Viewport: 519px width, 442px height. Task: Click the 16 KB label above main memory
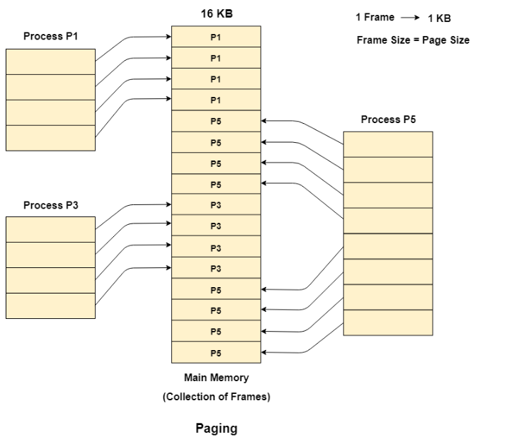216,14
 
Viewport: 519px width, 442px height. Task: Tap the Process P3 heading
51,205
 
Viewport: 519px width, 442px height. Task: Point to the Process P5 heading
388,120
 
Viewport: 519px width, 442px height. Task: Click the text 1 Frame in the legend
375,17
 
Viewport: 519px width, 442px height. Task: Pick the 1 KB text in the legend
439,18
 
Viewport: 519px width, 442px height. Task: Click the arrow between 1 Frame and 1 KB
410,18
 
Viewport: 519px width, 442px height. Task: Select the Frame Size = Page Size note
413,40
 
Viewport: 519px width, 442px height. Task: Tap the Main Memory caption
216,378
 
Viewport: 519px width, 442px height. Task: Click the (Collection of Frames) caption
216,397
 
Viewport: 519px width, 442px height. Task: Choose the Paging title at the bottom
216,429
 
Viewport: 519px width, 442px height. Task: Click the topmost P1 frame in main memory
216,37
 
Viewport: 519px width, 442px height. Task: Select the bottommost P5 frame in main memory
216,352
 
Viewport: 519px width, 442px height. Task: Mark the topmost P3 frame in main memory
216,205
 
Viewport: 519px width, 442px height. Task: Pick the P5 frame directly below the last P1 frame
216,121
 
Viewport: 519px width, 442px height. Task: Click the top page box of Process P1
50,62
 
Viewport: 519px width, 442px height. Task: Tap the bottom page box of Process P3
50,306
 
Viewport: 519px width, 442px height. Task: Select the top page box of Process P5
388,144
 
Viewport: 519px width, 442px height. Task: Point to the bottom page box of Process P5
388,322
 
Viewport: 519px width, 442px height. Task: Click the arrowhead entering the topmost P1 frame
168,37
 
